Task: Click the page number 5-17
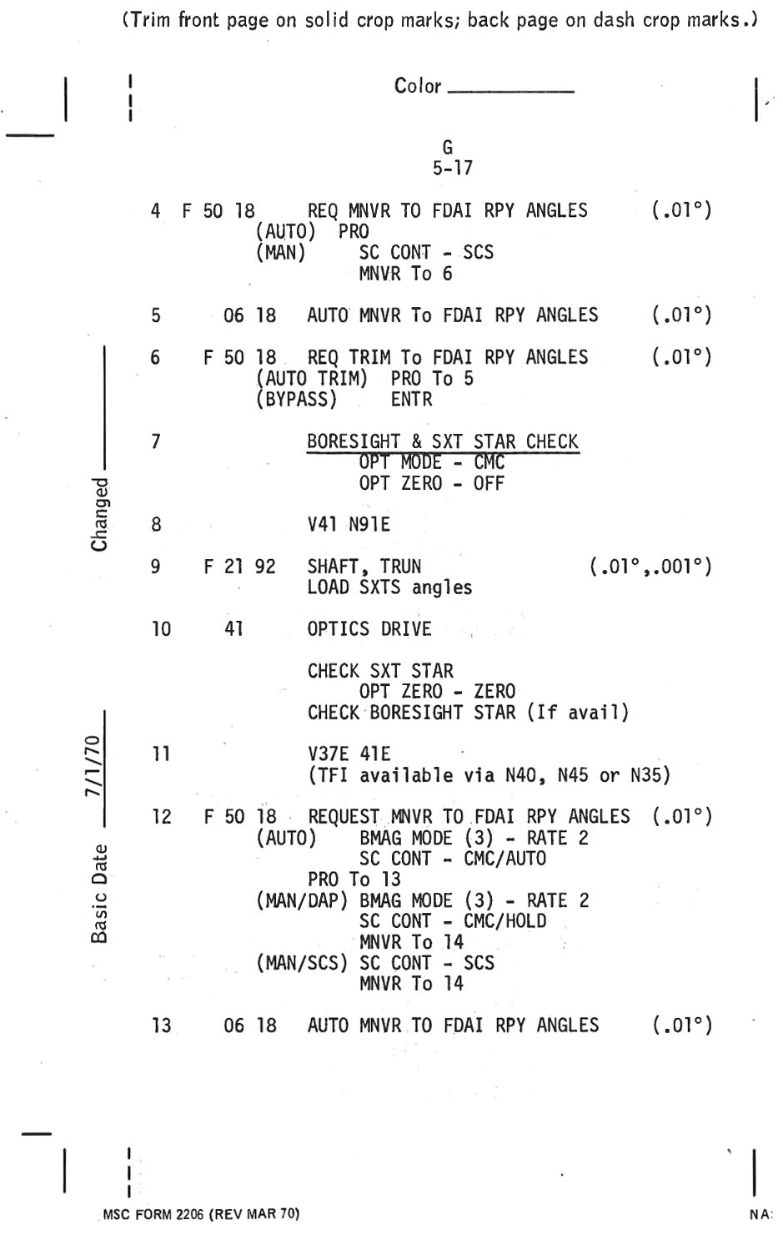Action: [x=452, y=168]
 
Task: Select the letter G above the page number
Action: [x=448, y=148]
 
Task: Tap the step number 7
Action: [x=156, y=441]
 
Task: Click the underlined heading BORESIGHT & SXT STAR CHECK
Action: [x=442, y=441]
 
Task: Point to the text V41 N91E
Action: [x=348, y=525]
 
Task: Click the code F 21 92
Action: [x=239, y=567]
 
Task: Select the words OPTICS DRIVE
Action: [x=369, y=629]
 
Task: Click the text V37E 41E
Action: [x=348, y=754]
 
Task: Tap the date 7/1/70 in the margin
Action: [x=98, y=768]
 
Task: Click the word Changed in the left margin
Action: [x=100, y=514]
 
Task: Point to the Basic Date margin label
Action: [x=100, y=893]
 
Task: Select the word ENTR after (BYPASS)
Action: [x=411, y=400]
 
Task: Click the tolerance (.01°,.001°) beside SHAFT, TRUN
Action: [x=650, y=567]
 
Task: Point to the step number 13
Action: [x=161, y=1026]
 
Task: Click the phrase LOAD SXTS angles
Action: [x=389, y=587]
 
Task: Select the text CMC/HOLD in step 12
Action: [x=504, y=921]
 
